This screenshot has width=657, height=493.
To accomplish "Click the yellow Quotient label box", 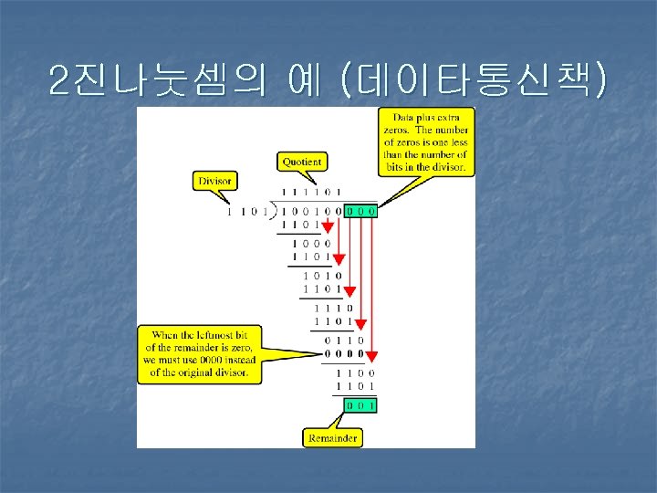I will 301,162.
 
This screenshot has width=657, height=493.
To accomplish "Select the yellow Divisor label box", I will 213,181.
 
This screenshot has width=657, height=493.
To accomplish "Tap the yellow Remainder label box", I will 331,438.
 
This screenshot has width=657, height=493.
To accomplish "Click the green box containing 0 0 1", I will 359,404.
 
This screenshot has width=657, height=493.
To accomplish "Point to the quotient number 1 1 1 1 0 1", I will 312,192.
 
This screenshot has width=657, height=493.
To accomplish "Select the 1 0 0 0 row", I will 311,244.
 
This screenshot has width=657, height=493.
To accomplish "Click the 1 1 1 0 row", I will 335,308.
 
